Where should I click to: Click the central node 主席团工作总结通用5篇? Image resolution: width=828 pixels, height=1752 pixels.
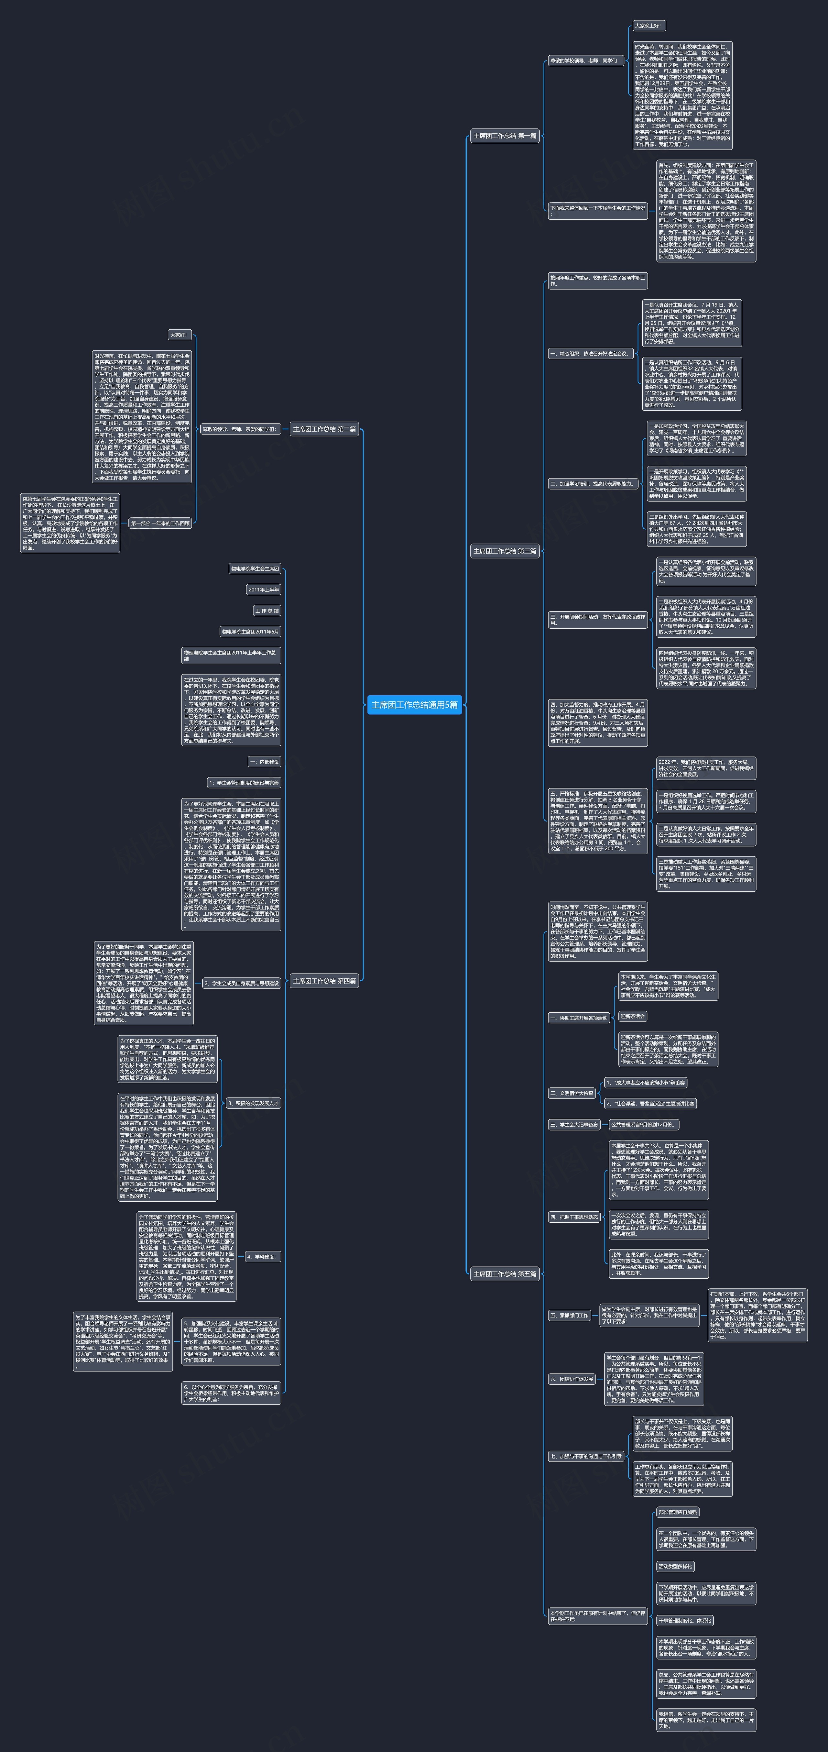click(x=414, y=705)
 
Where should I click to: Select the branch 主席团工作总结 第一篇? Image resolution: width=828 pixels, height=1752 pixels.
click(x=505, y=136)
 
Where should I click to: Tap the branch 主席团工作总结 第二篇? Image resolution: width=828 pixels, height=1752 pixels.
click(x=324, y=429)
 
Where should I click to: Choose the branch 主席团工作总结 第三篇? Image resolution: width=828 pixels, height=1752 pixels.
click(x=505, y=551)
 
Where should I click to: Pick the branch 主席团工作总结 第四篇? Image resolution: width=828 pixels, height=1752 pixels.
click(x=324, y=981)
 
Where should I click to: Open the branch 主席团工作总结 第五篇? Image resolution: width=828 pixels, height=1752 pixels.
click(x=505, y=1274)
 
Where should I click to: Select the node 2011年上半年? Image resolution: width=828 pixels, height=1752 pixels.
click(x=264, y=590)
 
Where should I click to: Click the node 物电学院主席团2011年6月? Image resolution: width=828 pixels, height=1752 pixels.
click(x=250, y=632)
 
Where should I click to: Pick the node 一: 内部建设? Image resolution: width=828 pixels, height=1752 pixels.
click(x=265, y=762)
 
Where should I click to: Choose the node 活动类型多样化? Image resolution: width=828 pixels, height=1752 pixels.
click(x=675, y=1566)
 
